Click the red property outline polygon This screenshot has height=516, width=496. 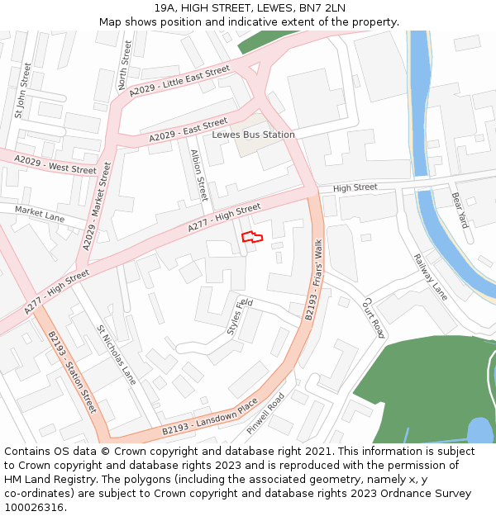point(252,238)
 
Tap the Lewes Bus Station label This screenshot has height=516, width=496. point(253,135)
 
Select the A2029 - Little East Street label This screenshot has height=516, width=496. point(179,82)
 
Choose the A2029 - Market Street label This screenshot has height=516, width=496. point(97,206)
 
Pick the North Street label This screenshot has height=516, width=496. point(124,65)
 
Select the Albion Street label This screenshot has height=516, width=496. point(199,176)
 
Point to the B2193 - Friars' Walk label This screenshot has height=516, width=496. point(317,278)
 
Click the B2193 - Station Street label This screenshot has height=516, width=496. point(72,372)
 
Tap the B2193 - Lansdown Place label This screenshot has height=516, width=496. point(209,419)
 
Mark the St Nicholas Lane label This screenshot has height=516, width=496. point(117,354)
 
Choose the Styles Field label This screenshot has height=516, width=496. point(240,316)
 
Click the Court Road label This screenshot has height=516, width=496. point(374,318)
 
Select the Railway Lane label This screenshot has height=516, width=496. point(430,277)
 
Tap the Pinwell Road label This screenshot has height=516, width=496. point(265,411)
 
